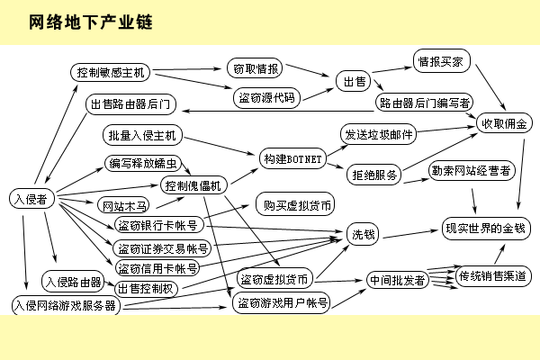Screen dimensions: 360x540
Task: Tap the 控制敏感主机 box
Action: tap(112, 72)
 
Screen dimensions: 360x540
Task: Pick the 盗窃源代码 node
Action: tap(265, 97)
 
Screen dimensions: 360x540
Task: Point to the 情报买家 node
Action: tap(440, 63)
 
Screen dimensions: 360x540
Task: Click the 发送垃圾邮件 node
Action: tap(378, 134)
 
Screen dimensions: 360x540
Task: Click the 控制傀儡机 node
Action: tap(193, 185)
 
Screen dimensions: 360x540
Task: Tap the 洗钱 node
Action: tap(364, 234)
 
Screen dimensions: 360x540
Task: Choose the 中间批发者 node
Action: tap(397, 280)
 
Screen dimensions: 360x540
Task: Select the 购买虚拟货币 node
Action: tap(293, 204)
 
